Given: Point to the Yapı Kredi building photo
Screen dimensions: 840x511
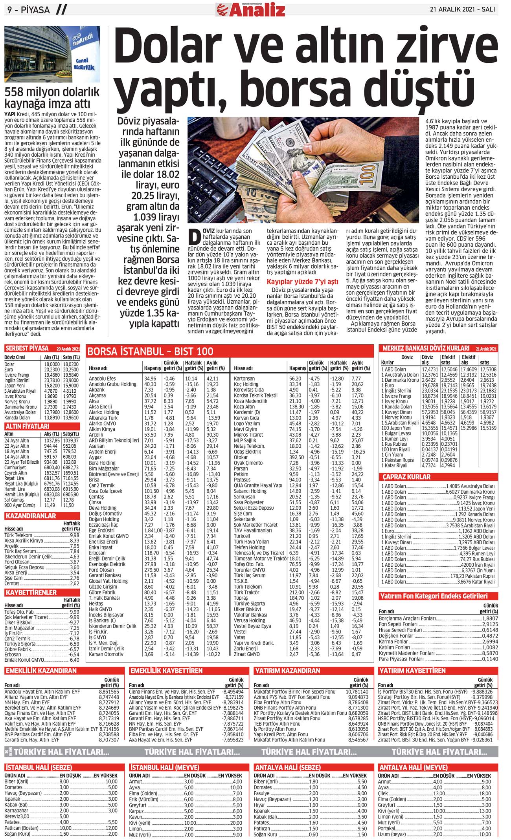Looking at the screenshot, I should pyautogui.click(x=52, y=54).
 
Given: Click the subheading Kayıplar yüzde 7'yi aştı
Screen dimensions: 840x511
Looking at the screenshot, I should pyautogui.click(x=302, y=282).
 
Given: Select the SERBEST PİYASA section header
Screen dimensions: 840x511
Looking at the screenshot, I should pyautogui.click(x=27, y=348).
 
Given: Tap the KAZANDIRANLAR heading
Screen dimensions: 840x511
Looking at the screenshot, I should pyautogui.click(x=31, y=516).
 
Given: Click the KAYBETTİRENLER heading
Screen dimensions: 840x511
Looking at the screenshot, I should pyautogui.click(x=31, y=592).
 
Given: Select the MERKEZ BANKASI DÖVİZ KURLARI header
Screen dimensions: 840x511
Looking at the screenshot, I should pyautogui.click(x=426, y=348).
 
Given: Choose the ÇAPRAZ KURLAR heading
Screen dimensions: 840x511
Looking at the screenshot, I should pyautogui.click(x=406, y=477).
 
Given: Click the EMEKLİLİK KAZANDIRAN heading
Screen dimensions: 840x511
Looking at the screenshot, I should pyautogui.click(x=41, y=670).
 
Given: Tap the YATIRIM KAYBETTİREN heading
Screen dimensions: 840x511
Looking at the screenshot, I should pyautogui.click(x=412, y=670).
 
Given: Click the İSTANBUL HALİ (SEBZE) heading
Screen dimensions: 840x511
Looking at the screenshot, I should pyautogui.click(x=39, y=767).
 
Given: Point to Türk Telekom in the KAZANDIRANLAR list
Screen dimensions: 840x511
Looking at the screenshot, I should pyautogui.click(x=18, y=535).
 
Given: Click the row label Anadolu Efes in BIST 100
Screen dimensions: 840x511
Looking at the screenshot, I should pyautogui.click(x=102, y=378).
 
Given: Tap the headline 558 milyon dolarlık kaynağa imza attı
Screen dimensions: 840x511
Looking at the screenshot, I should pyautogui.click(x=52, y=98).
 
